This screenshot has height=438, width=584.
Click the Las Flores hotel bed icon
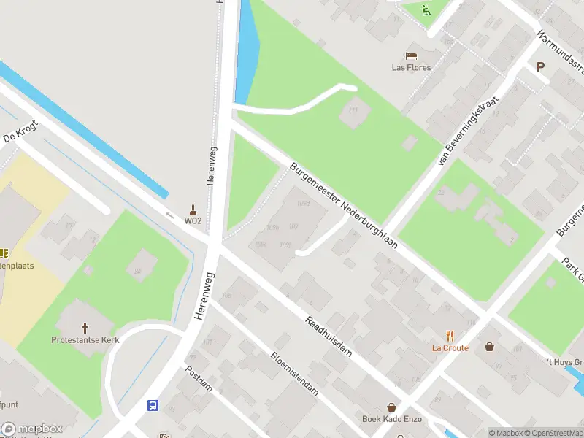point(411,55)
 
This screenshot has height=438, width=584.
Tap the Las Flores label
point(411,68)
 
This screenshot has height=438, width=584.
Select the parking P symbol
point(541,66)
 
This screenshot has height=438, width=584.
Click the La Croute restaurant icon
point(450,336)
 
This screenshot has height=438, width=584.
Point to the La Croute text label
point(450,348)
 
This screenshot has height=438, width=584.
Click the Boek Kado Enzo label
point(392,419)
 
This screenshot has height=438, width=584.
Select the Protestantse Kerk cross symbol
point(85,328)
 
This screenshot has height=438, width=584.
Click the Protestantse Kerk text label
point(85,340)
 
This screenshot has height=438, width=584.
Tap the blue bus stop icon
point(153,405)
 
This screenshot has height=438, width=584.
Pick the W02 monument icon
point(193,209)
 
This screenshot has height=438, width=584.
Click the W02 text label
point(193,220)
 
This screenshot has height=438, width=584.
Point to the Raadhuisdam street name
point(328,337)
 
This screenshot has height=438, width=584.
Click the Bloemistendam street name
point(294,373)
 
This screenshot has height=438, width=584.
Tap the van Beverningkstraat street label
point(468,132)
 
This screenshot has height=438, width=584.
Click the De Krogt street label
point(20,132)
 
